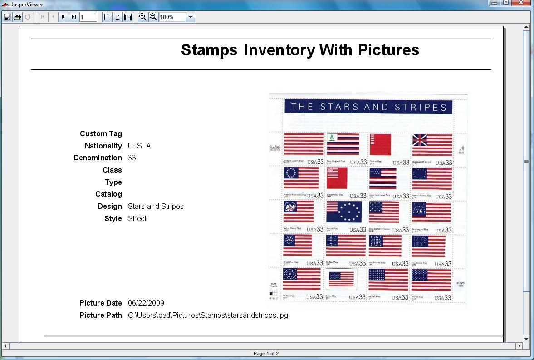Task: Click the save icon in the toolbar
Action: click(x=7, y=17)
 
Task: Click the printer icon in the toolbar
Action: click(x=17, y=17)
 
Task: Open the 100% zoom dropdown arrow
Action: click(x=191, y=17)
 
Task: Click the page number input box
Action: click(x=88, y=17)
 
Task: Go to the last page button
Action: click(x=73, y=17)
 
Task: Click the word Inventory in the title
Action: click(x=278, y=50)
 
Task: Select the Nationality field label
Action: click(x=103, y=146)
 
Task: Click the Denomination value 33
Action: click(x=132, y=158)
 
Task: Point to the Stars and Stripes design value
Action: click(x=156, y=207)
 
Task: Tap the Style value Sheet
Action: click(x=137, y=219)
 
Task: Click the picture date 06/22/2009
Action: click(x=146, y=303)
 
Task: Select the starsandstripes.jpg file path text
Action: click(x=208, y=316)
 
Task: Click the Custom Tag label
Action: click(x=101, y=134)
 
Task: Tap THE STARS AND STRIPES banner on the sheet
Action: click(x=368, y=107)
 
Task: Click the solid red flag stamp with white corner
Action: click(x=380, y=145)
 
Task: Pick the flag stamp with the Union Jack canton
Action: click(x=432, y=145)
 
